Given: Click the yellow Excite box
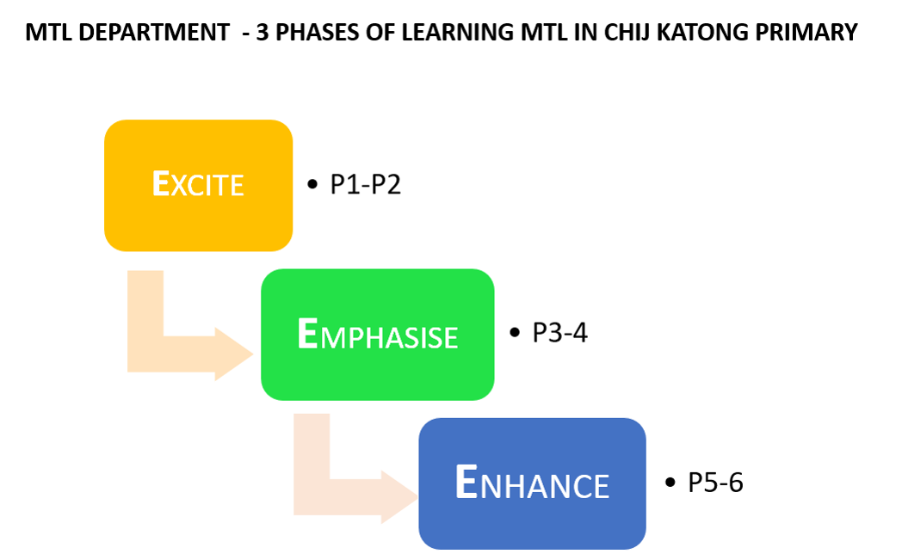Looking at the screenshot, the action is (199, 186).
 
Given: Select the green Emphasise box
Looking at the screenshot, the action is (377, 335).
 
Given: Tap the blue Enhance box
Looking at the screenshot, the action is (532, 483).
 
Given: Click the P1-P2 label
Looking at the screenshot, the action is (365, 184).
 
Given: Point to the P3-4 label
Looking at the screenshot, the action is (559, 333).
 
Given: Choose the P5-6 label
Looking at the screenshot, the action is (715, 482).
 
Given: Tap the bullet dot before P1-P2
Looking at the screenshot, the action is (312, 184).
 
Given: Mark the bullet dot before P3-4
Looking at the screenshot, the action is (515, 332).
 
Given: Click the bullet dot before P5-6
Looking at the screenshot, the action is (670, 482).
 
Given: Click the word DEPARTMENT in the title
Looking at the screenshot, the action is (154, 33).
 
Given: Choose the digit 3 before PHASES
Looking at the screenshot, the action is (263, 33).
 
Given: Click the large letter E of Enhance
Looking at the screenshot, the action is (466, 482).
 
